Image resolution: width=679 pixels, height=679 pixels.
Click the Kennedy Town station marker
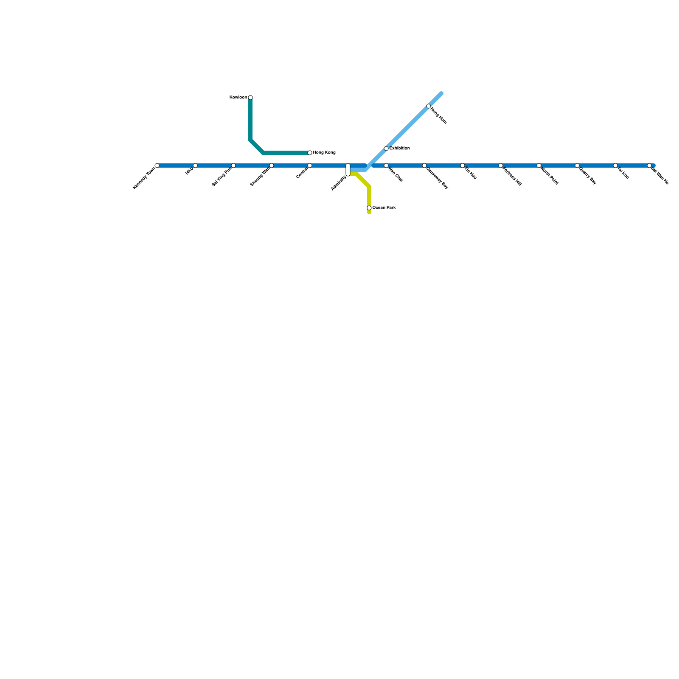click(x=157, y=166)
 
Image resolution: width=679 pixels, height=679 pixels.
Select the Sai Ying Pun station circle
click(x=233, y=166)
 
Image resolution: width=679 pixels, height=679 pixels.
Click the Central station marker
click(x=310, y=166)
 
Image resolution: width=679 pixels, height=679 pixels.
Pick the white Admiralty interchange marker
click(x=348, y=169)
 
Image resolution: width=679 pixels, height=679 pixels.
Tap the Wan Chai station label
click(x=396, y=175)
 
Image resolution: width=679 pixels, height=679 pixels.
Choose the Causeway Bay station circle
click(x=424, y=166)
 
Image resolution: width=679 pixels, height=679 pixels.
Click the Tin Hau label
click(x=470, y=174)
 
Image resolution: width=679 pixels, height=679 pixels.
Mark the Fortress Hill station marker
click(x=501, y=166)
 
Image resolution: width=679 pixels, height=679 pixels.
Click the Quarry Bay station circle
click(x=577, y=166)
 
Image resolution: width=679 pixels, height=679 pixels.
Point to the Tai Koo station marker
click(x=615, y=166)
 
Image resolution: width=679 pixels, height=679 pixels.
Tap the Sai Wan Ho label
click(x=660, y=177)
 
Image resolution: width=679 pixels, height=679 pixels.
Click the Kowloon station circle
click(x=250, y=98)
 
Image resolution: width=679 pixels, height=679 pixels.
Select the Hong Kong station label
click(x=324, y=153)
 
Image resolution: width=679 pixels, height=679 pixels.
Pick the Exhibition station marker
click(x=386, y=149)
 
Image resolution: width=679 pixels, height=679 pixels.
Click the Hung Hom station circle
click(x=429, y=106)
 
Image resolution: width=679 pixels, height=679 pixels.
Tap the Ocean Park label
click(x=384, y=208)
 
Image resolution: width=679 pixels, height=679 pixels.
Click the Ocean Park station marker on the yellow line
click(x=369, y=208)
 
